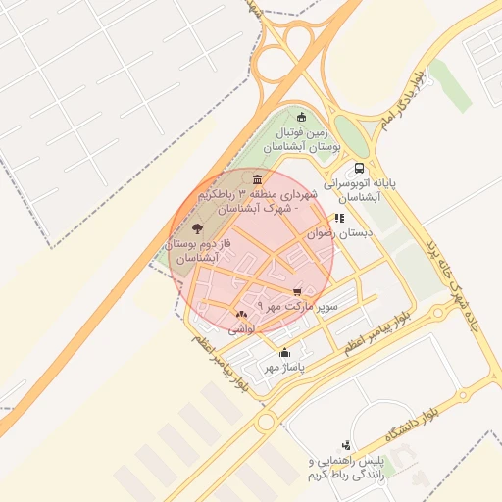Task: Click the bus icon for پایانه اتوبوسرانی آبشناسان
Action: tap(360, 168)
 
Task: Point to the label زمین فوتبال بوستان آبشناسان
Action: tap(308, 138)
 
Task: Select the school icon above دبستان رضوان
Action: tap(339, 219)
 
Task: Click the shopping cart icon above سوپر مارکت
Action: tap(298, 291)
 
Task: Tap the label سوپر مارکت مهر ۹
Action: tap(297, 307)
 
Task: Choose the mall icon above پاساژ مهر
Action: tap(285, 352)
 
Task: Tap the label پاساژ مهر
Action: tap(285, 368)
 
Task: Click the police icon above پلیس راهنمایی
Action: tap(345, 444)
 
